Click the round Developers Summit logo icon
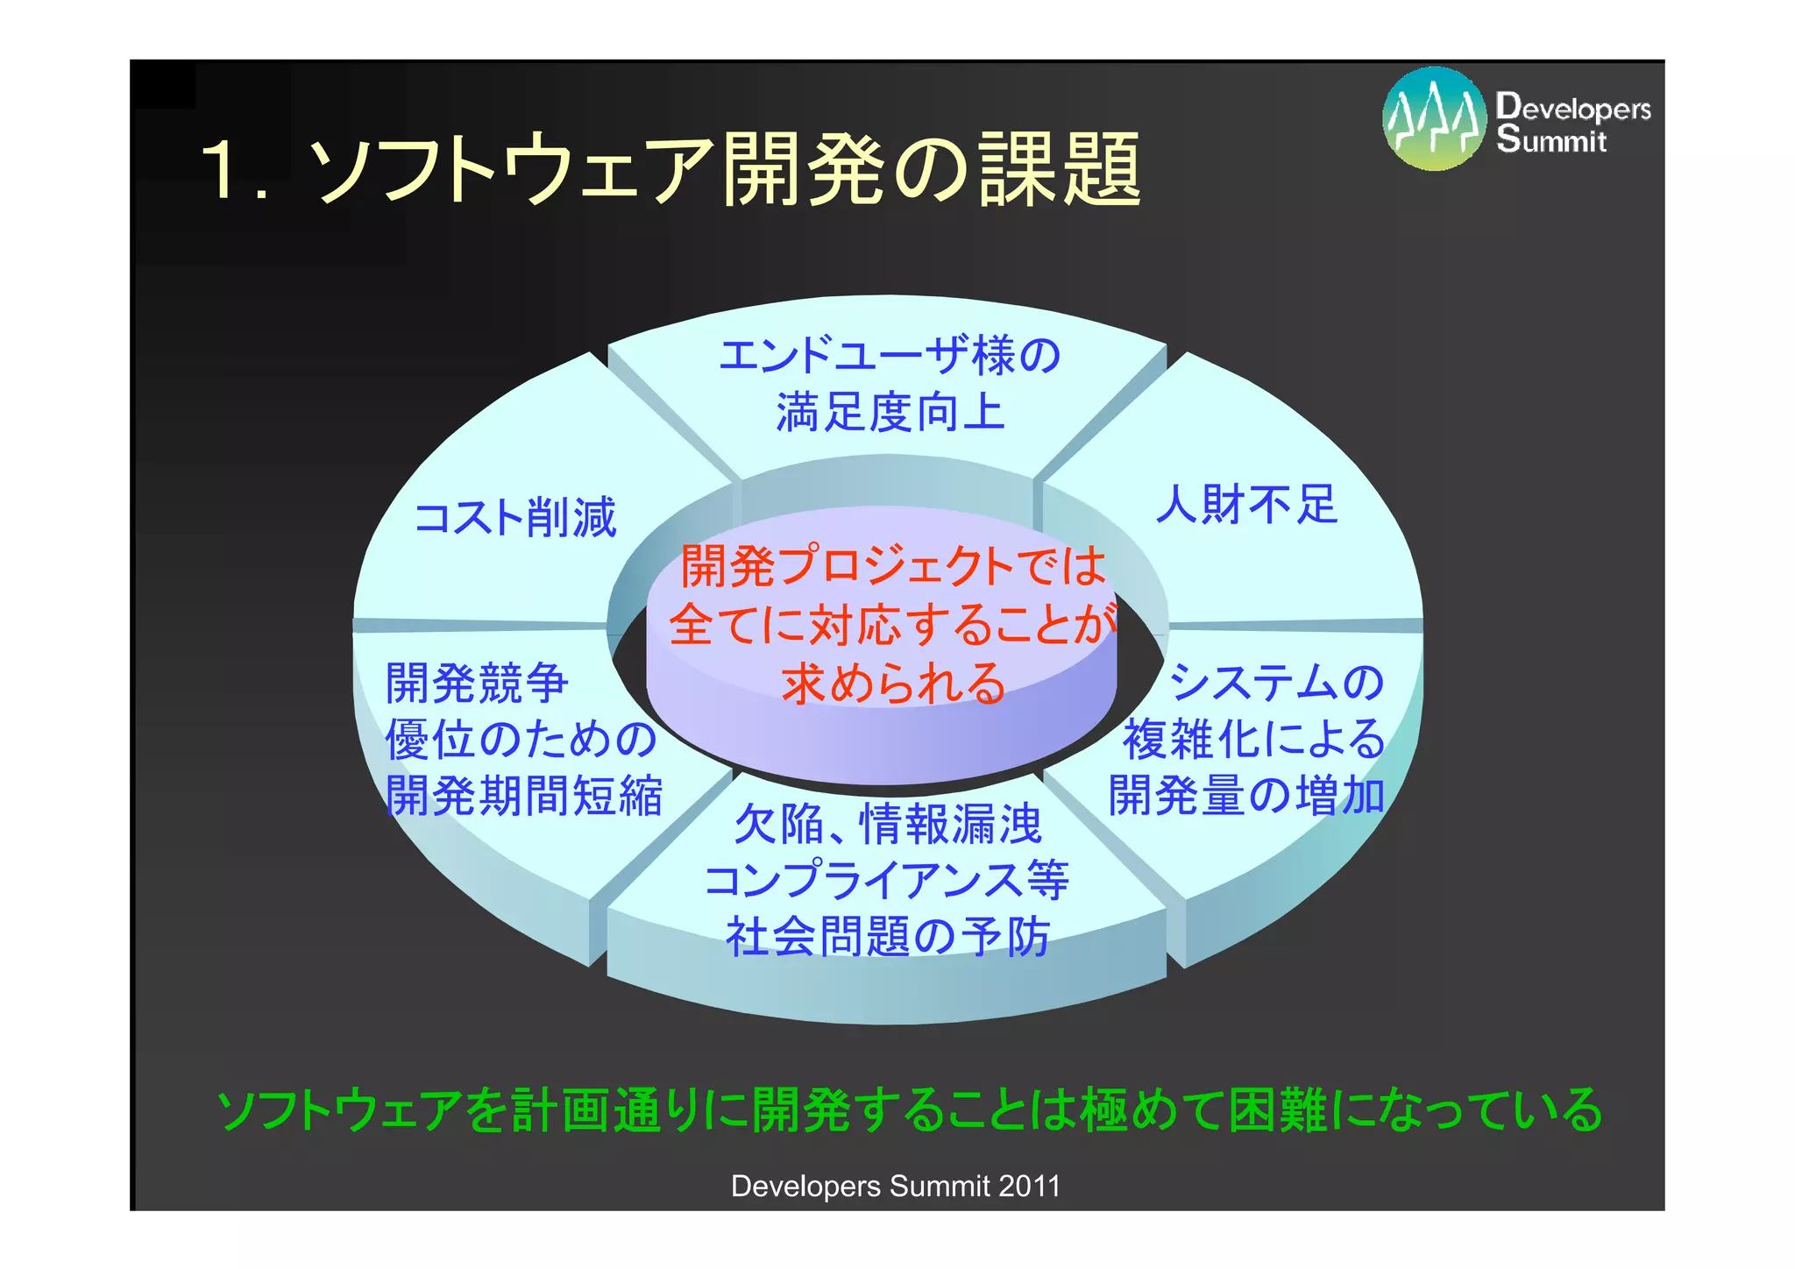1434,119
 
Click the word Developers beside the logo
1572,107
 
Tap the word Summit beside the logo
1551,140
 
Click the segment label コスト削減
515,517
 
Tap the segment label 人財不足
1246,505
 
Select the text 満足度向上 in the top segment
889,412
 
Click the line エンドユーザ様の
889,356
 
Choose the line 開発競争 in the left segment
478,683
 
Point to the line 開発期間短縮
524,796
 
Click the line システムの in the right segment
1276,683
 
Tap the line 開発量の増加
1246,796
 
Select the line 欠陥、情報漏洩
887,824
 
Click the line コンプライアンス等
887,880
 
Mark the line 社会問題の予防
887,936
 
